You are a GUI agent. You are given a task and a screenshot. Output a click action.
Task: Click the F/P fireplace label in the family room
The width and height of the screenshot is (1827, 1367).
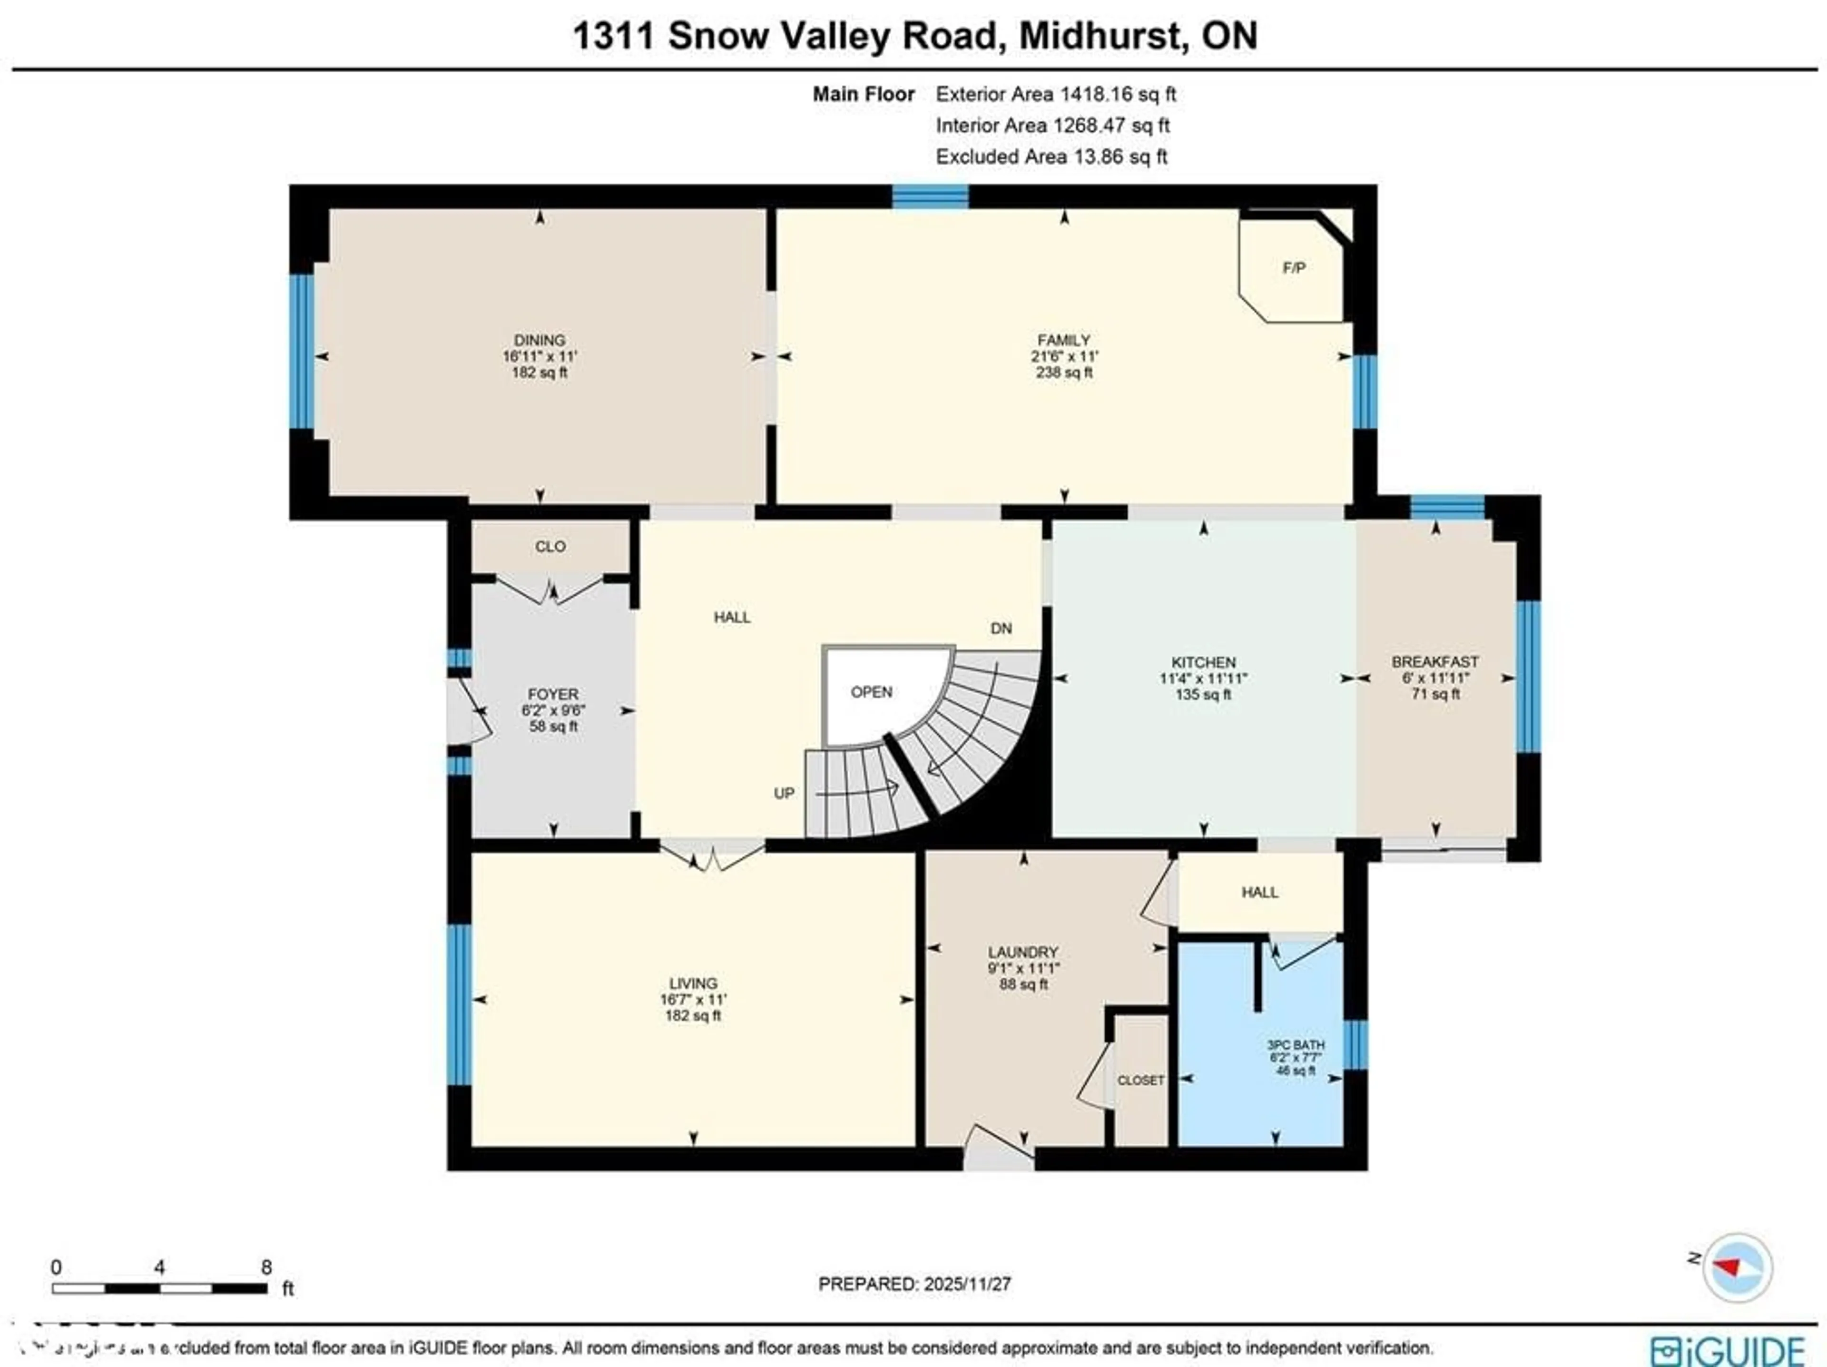coord(1294,267)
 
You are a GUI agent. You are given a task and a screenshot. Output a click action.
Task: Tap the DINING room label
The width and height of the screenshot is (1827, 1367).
coord(540,339)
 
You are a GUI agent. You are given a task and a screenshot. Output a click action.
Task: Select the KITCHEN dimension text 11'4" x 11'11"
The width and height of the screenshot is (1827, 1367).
coord(1203,678)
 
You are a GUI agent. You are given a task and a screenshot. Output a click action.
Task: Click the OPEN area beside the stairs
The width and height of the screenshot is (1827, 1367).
coord(871,692)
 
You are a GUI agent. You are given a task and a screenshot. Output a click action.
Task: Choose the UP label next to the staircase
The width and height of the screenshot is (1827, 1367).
coord(784,793)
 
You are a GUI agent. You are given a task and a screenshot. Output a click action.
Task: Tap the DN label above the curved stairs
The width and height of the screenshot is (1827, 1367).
coord(1001,629)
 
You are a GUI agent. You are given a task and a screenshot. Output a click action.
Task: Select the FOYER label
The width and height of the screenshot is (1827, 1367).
coord(552,694)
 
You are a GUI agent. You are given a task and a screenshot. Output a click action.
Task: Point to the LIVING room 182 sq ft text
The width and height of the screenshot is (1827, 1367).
coord(693,1015)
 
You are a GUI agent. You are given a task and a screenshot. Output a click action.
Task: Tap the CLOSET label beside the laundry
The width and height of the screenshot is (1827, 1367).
coord(1140,1081)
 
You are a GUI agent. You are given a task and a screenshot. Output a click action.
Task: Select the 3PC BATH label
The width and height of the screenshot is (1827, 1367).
coord(1295,1045)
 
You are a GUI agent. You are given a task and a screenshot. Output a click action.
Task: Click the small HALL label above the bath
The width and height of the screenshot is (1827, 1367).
coord(1259,892)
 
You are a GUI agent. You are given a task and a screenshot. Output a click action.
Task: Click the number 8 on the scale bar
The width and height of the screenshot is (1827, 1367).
coord(266,1267)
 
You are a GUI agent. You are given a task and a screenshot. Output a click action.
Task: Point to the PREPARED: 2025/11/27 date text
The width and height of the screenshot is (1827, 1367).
coord(914,1284)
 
